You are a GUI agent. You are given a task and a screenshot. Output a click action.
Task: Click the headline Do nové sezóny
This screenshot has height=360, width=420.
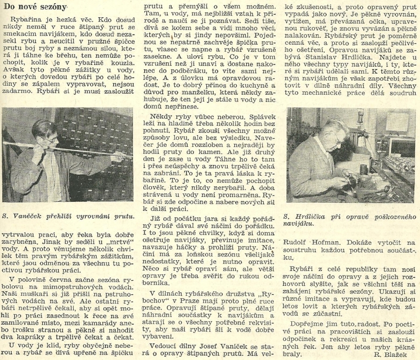pyautogui.click(x=35, y=6)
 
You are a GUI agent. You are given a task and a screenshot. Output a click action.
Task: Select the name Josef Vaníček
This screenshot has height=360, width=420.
pyautogui.click(x=197, y=347)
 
